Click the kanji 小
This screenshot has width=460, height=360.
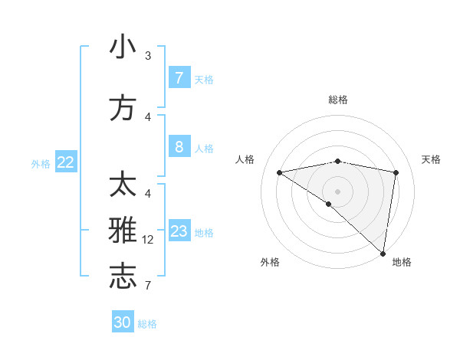(123, 47)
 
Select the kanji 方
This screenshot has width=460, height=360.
(123, 108)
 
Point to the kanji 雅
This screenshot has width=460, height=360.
(123, 231)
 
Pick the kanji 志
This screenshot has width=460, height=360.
(123, 278)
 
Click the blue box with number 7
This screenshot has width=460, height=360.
(179, 77)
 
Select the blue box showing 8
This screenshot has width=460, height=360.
(179, 146)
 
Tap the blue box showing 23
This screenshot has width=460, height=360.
(179, 231)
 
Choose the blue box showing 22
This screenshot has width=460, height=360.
(66, 162)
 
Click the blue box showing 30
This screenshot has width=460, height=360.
(123, 322)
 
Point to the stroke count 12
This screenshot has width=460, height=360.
(149, 240)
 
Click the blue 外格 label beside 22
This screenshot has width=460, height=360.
(40, 163)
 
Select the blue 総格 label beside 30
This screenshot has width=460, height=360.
(147, 324)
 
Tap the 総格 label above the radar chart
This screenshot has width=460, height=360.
(338, 100)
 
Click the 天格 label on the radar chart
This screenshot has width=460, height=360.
(432, 159)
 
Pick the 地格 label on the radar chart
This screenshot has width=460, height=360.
(402, 262)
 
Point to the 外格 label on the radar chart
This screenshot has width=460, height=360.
(270, 262)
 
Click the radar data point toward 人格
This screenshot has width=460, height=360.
(280, 172)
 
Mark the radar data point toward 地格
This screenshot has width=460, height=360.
(383, 253)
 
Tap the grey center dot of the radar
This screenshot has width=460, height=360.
(337, 191)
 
